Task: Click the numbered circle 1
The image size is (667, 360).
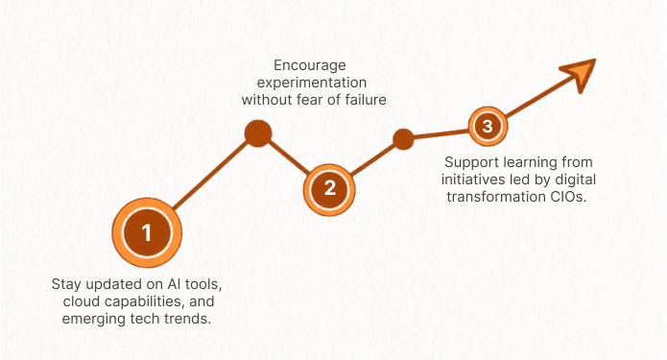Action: pos(147,232)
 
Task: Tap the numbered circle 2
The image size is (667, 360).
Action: pos(329,188)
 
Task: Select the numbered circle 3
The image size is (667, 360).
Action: pos(488,126)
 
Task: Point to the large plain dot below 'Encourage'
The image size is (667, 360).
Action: pos(258,133)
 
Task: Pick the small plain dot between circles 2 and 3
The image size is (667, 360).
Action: pos(403,139)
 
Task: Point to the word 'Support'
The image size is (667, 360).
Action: pos(471,163)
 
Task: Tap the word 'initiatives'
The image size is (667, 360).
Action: pos(472,180)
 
